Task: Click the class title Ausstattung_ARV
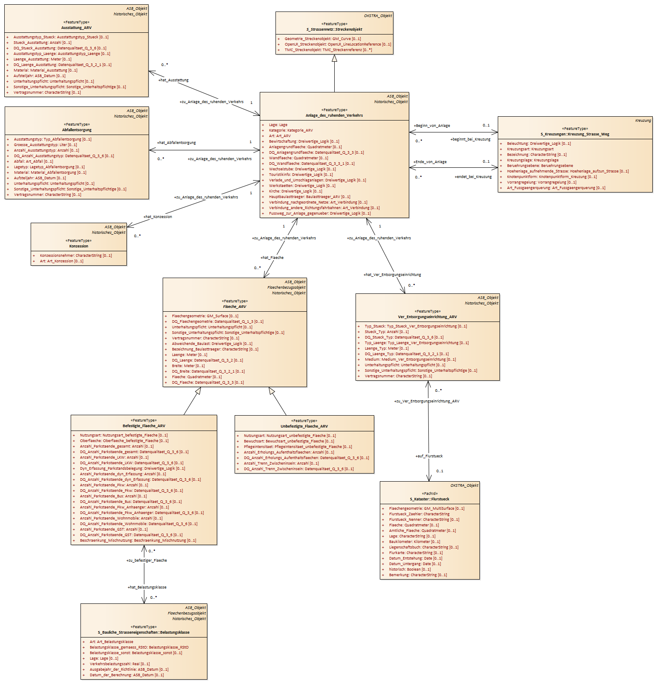[76, 28]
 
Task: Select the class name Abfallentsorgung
[77, 130]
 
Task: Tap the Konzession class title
[79, 246]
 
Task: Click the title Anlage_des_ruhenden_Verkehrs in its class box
[334, 115]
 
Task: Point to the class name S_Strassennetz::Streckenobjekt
[334, 29]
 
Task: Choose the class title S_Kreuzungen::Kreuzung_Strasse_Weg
[575, 134]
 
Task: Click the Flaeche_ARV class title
[235, 307]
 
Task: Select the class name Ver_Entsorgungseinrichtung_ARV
[427, 317]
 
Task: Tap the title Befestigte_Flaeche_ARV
[144, 426]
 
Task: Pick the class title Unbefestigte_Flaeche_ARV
[304, 426]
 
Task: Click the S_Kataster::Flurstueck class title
[430, 499]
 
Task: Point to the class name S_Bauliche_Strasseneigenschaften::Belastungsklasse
[143, 632]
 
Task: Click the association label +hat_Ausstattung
[173, 80]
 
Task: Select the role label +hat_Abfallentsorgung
[176, 143]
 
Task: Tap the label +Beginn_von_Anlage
[432, 126]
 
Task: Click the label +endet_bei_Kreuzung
[473, 177]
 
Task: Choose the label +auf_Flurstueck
[429, 456]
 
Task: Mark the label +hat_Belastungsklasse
[147, 587]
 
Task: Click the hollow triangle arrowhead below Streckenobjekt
[334, 58]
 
